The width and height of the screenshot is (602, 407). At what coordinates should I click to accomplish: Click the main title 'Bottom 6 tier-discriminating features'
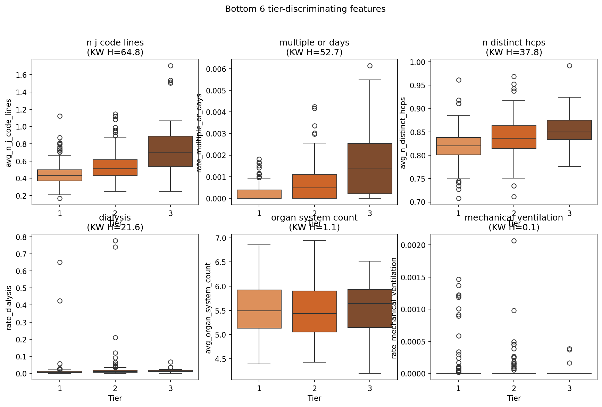[305, 9]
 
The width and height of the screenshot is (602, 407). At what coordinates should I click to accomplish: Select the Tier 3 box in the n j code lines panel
[170, 151]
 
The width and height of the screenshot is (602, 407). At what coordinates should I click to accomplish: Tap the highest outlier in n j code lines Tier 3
[170, 66]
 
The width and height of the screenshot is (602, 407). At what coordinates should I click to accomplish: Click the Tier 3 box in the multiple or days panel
[370, 168]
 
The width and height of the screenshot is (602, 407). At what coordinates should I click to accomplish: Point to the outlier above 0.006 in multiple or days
[370, 66]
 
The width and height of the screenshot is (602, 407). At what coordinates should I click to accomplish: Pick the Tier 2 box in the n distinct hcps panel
[514, 137]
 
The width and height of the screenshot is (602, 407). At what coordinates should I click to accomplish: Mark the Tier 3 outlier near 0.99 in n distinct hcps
[569, 66]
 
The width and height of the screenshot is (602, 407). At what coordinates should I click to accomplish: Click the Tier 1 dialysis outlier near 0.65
[60, 262]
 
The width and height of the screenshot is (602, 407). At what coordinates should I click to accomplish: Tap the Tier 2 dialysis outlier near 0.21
[115, 338]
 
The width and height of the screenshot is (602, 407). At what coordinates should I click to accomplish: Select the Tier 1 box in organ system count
[259, 309]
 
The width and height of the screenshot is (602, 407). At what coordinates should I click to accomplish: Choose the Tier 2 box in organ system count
[315, 312]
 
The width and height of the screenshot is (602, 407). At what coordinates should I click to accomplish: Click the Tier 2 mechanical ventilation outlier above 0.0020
[514, 241]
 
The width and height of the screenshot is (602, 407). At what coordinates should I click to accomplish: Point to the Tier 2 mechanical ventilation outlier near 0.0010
[514, 310]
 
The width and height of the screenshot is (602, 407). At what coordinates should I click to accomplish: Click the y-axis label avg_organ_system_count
[208, 308]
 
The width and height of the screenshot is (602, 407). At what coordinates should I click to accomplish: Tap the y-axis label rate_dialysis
[9, 308]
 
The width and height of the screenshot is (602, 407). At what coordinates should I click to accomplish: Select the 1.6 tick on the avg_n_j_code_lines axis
[22, 75]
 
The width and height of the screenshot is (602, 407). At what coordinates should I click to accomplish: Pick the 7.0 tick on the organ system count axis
[221, 238]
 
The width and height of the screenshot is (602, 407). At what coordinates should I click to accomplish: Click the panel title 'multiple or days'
[314, 43]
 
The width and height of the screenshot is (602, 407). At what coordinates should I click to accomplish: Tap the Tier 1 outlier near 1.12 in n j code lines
[60, 116]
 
